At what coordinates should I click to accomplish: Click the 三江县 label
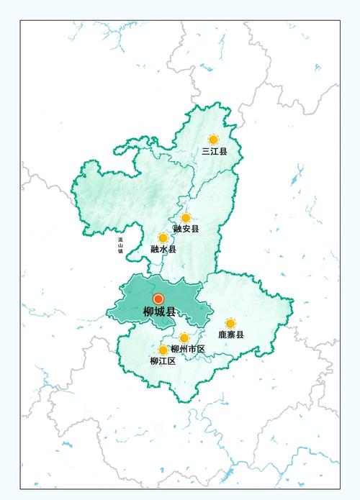click(215, 152)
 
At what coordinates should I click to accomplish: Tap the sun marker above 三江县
click(213, 140)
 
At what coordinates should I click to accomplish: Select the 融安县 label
click(186, 229)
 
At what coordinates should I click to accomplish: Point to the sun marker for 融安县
click(186, 217)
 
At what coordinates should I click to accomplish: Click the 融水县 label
click(163, 249)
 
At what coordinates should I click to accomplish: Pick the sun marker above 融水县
click(163, 237)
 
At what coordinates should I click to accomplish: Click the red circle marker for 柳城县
click(158, 299)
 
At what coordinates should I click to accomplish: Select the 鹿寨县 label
click(231, 335)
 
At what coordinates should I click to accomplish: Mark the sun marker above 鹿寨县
click(230, 324)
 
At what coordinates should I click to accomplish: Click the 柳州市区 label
click(188, 349)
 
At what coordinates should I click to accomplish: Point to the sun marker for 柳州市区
click(184, 337)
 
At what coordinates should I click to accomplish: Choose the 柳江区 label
click(163, 361)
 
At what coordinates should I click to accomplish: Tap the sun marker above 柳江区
click(163, 350)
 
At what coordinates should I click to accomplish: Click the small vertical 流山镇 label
click(121, 246)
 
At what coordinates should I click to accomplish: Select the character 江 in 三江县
click(215, 152)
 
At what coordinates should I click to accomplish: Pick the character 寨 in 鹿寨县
click(231, 335)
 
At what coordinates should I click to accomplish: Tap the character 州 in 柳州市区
click(184, 349)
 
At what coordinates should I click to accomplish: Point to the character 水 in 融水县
click(163, 249)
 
